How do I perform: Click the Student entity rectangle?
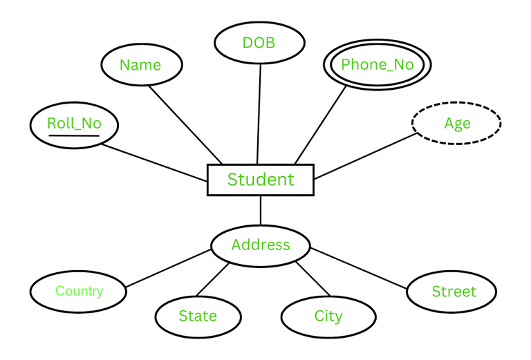261,180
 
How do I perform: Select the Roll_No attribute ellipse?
74,124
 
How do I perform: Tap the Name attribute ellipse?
141,65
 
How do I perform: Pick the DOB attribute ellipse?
259,43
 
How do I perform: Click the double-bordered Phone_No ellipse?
378,65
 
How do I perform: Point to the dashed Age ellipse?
456,124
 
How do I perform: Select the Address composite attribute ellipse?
261,245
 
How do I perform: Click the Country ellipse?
79,291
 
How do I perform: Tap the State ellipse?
198,316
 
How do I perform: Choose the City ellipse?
328,316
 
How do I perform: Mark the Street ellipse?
451,292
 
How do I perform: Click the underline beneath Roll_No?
73,135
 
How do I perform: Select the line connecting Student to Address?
261,210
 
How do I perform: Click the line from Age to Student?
364,156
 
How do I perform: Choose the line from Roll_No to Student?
154,162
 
